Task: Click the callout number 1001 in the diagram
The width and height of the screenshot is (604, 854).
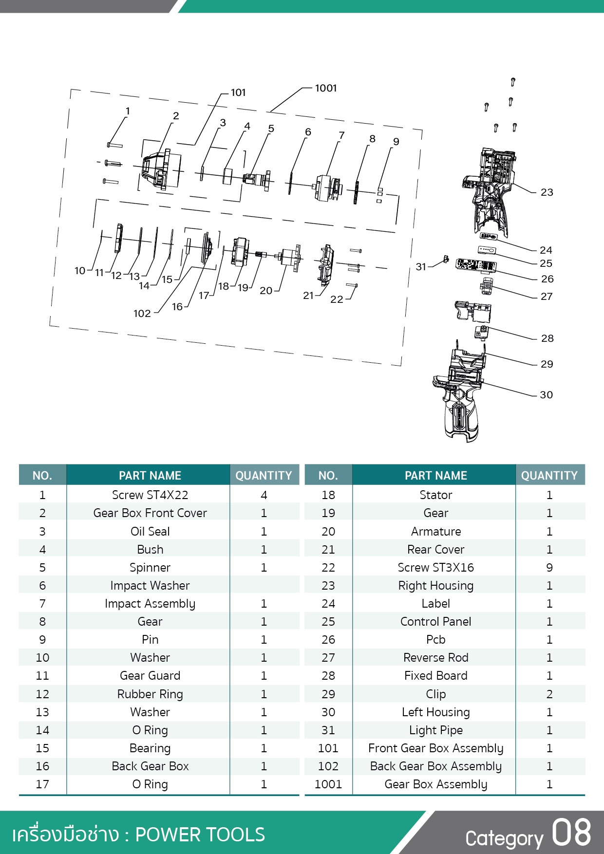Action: coord(326,88)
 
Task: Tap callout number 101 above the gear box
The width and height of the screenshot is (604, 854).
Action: coord(238,93)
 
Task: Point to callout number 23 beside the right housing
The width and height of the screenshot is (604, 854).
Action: coord(547,192)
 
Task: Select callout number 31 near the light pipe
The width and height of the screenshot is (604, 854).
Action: coord(421,267)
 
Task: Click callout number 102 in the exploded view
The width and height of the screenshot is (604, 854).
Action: coord(142,314)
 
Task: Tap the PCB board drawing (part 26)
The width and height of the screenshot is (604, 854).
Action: coord(476,266)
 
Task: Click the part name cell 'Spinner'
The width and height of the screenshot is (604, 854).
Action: coord(150,568)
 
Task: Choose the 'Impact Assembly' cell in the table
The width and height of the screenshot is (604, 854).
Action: coord(150,604)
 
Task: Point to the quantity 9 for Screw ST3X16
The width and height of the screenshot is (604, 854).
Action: coord(549,568)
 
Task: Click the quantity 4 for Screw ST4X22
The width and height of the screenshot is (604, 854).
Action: coord(264,495)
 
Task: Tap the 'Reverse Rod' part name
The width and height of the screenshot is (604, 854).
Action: coord(436,658)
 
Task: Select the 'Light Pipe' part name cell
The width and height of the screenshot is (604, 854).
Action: coord(436,730)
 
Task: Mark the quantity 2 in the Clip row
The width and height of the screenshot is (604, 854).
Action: coord(549,694)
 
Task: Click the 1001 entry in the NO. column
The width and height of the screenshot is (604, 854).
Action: coord(328,784)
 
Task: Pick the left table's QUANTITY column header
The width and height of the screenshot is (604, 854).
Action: coord(264,476)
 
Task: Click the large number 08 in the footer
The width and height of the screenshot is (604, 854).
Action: coord(571,833)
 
